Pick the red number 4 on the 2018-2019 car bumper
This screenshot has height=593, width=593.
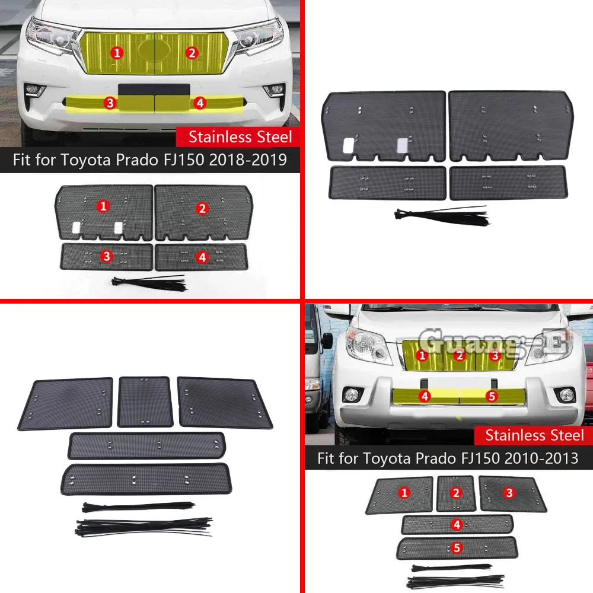pyautogui.click(x=200, y=103)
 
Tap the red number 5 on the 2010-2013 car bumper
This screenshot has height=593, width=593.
pyautogui.click(x=491, y=396)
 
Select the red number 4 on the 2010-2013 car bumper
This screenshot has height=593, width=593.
pyautogui.click(x=425, y=396)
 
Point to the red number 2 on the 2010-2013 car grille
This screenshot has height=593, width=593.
pyautogui.click(x=459, y=356)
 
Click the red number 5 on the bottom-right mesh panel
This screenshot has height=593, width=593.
pyautogui.click(x=456, y=548)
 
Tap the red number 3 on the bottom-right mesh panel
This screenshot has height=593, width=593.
pyautogui.click(x=509, y=493)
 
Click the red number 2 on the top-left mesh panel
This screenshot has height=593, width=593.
pyautogui.click(x=202, y=208)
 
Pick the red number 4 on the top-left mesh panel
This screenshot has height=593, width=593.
pyautogui.click(x=202, y=257)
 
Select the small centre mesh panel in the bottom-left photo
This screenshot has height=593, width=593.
pyautogui.click(x=146, y=401)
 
